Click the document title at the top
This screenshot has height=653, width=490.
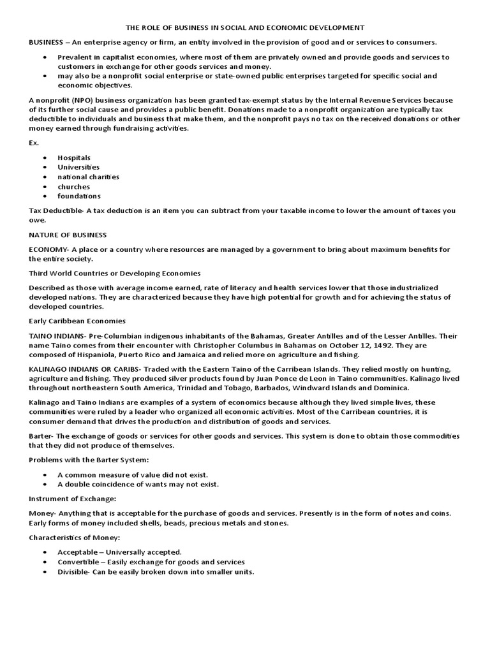246,27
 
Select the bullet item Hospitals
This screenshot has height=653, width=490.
74,158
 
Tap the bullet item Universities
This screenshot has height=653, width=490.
78,167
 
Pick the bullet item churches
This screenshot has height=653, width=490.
73,186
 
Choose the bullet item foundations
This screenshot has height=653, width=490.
79,196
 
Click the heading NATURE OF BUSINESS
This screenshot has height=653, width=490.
68,235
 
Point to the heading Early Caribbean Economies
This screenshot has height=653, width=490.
77,321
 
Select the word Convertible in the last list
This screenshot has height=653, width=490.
78,562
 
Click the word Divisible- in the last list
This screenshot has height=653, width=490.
75,571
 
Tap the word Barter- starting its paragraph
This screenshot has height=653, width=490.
42,436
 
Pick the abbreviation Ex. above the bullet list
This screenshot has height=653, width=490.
34,143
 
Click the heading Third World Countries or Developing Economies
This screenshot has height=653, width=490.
115,273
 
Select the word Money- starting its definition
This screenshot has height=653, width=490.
42,513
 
